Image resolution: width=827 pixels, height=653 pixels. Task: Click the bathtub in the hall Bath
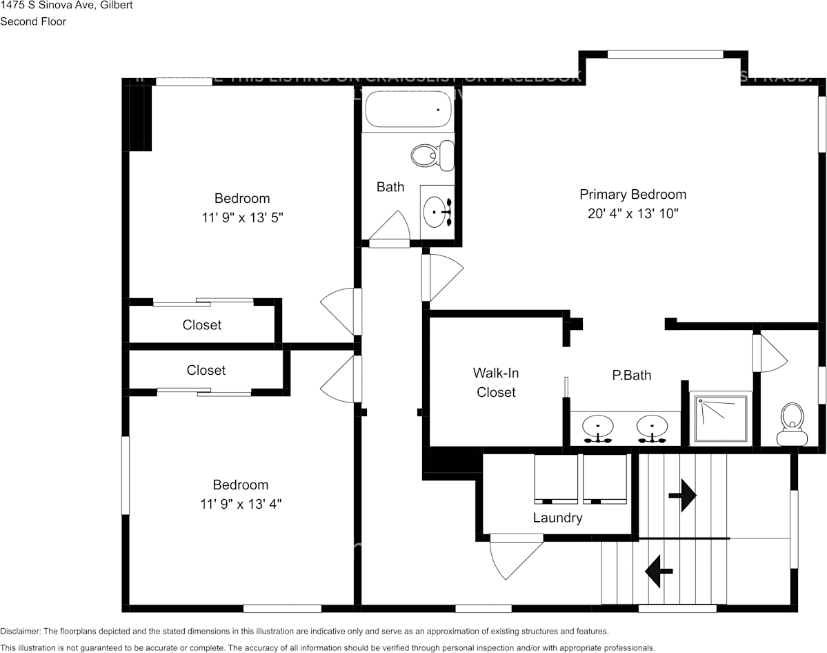tap(408, 110)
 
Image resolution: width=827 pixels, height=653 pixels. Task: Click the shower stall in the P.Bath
tap(721, 418)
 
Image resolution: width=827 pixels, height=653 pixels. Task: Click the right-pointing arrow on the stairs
tap(682, 496)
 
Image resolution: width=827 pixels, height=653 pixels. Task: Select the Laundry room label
tap(557, 518)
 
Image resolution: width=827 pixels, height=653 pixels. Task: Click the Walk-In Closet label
tap(496, 382)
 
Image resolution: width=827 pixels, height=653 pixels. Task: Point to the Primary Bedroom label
tap(632, 195)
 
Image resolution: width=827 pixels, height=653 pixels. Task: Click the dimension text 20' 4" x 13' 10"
tap(632, 214)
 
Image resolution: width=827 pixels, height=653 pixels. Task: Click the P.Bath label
tap(631, 376)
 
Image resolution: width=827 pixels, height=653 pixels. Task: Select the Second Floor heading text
tap(33, 21)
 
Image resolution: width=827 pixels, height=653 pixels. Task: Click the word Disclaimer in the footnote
tap(20, 631)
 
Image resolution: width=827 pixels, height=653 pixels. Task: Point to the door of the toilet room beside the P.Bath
tap(770, 353)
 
